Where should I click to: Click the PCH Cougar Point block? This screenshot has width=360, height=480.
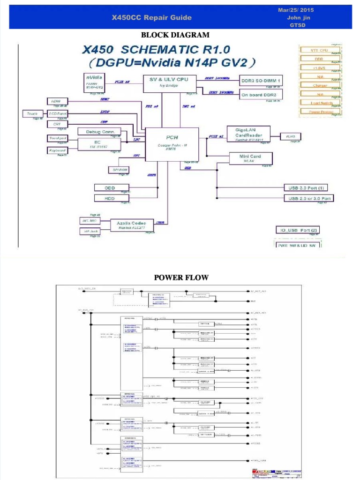[172, 144]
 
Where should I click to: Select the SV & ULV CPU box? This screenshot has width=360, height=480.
[169, 82]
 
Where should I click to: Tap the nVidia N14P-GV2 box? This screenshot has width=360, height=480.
[94, 82]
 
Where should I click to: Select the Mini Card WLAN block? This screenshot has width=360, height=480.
[249, 158]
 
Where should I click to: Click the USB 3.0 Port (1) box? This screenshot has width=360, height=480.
[306, 187]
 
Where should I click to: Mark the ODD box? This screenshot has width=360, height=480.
[110, 187]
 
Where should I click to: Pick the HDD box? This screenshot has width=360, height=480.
[110, 198]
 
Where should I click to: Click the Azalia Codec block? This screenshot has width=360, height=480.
[131, 225]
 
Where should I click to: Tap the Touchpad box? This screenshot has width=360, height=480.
[58, 138]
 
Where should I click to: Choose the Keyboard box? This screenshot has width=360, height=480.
[57, 150]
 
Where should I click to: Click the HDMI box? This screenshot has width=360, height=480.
[58, 101]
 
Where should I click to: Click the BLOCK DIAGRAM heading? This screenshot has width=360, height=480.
[175, 35]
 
